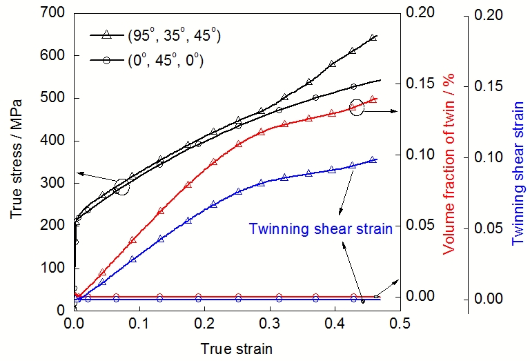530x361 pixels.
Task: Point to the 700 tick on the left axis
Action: pyautogui.click(x=52, y=13)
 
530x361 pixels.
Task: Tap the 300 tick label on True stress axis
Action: pyautogui.click(x=52, y=183)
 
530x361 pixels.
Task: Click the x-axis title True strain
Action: pyautogui.click(x=237, y=349)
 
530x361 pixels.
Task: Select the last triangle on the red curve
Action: pyautogui.click(x=373, y=99)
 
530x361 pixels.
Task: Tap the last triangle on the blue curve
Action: pyautogui.click(x=373, y=160)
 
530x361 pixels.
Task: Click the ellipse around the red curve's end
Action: pyautogui.click(x=356, y=108)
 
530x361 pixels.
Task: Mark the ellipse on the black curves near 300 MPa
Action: pyautogui.click(x=121, y=186)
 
